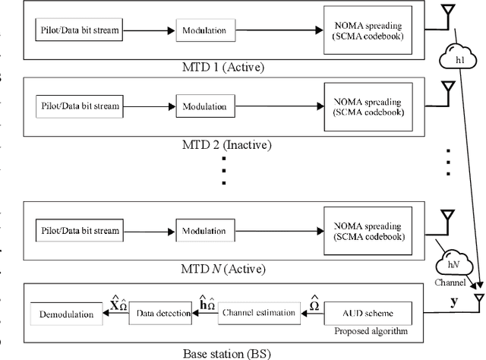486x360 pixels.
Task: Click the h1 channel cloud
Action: [456, 58]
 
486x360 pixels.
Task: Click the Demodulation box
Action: [66, 313]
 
